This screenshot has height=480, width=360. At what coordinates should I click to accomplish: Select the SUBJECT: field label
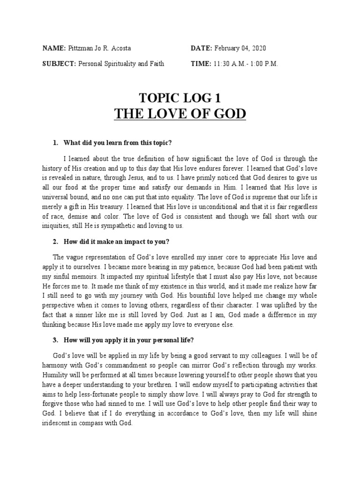tap(59, 64)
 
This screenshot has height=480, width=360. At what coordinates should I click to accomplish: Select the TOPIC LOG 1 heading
tap(180, 98)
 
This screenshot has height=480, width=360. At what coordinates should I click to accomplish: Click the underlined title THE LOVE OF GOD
tap(180, 114)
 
